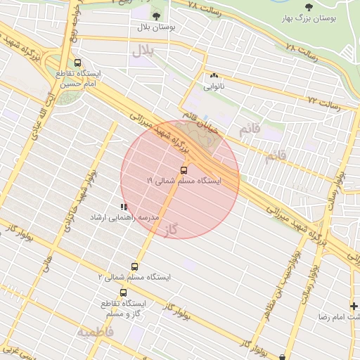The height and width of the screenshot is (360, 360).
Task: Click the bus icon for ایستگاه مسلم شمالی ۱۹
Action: [x=184, y=170]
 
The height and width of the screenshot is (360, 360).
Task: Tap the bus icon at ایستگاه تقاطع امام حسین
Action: [x=78, y=63]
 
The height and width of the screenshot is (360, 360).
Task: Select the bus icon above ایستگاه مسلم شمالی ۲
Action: [x=135, y=266]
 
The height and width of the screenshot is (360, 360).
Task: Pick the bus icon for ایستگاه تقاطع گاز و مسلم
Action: [x=124, y=292]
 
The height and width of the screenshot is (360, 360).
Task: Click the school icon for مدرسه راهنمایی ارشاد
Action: [x=124, y=207]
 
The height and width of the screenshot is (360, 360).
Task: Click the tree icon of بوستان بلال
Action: [x=155, y=15]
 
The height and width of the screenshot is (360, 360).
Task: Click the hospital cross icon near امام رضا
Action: [x=354, y=306]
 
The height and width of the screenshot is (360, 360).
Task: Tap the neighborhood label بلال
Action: [x=142, y=51]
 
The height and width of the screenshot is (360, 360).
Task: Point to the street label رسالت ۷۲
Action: [x=323, y=103]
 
